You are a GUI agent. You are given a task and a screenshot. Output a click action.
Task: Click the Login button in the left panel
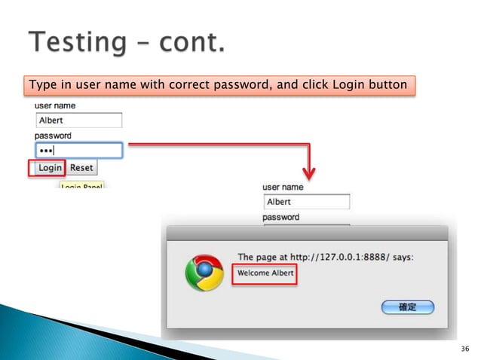(47, 168)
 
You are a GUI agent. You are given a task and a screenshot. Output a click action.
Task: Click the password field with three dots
(78, 151)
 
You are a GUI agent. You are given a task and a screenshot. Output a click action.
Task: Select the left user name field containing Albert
(78, 121)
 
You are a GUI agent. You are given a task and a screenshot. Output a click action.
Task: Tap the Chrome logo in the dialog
(204, 272)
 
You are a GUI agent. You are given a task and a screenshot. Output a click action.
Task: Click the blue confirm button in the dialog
(408, 307)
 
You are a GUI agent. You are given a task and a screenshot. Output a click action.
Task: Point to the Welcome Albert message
(265, 273)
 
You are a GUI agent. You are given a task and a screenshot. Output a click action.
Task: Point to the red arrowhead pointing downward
(309, 173)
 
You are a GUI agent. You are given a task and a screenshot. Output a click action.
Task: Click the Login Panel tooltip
(81, 185)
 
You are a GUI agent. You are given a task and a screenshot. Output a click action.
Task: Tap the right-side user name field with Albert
(307, 202)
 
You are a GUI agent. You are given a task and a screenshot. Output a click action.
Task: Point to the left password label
(53, 136)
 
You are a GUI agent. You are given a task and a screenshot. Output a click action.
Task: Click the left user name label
(56, 107)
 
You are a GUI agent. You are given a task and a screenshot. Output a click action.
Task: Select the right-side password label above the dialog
(280, 217)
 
